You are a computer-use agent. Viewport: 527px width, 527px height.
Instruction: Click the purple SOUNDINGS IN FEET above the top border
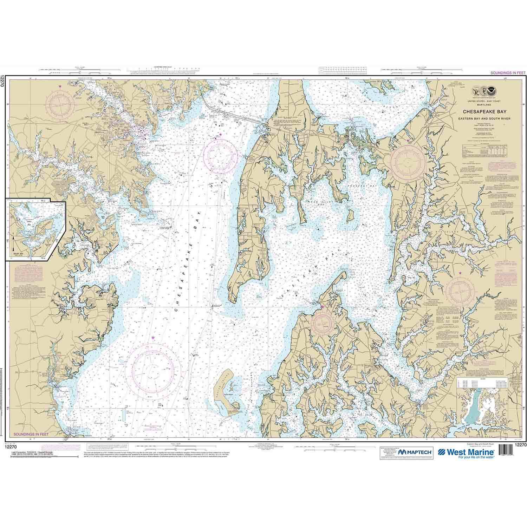(x=505, y=73)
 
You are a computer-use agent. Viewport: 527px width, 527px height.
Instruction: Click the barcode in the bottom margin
(x=509, y=451)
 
